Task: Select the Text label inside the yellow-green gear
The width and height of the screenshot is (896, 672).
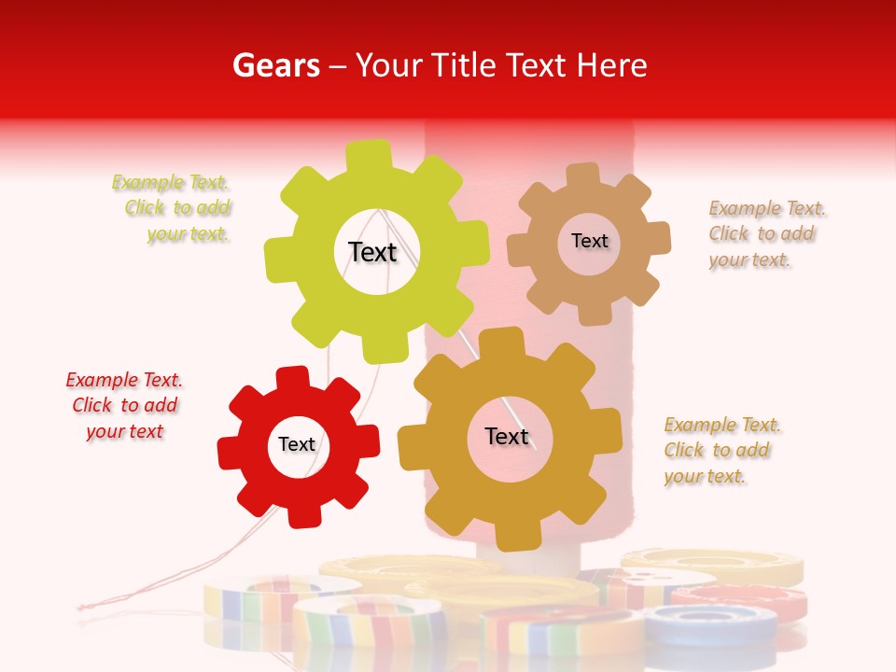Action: pyautogui.click(x=372, y=252)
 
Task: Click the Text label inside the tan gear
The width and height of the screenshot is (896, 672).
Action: pyautogui.click(x=589, y=241)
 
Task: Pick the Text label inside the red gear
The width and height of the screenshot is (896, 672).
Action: pyautogui.click(x=297, y=444)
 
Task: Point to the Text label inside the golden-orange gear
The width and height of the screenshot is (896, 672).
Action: pyautogui.click(x=506, y=436)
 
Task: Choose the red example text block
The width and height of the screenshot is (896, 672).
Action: pyautogui.click(x=124, y=405)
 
